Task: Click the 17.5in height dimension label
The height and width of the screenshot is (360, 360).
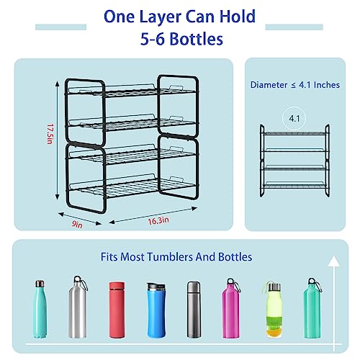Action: point(50,134)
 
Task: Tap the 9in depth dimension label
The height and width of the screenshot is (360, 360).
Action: point(77,224)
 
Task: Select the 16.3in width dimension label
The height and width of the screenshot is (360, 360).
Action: point(158,220)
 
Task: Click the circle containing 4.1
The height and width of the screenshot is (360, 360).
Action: point(294,118)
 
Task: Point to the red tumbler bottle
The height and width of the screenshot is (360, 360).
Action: point(117,310)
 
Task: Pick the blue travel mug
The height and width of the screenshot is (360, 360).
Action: point(156,310)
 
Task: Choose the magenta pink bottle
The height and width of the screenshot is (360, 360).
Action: point(230,308)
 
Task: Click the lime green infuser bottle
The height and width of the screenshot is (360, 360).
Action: point(274,310)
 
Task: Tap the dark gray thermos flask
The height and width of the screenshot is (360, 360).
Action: point(194,310)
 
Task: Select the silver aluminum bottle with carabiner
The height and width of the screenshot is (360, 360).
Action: point(78,307)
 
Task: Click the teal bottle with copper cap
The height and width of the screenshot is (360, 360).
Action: point(40,309)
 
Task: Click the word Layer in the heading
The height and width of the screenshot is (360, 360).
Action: point(160,17)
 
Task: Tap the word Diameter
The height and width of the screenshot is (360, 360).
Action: point(269,85)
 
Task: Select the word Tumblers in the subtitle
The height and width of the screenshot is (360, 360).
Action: point(170,257)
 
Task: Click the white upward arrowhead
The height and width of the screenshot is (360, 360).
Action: point(334,261)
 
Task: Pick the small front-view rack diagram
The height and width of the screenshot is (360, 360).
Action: point(294,161)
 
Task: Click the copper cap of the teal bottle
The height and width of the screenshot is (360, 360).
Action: point(40,284)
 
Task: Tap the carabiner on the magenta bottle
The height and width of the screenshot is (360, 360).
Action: point(236,284)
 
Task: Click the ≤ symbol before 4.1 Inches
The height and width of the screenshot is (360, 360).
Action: point(293,85)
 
